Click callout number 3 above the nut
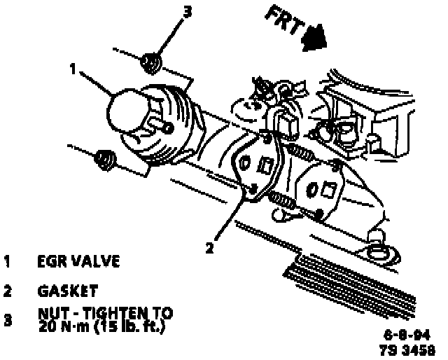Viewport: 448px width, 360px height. coord(185,12)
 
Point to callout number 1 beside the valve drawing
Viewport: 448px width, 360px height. coord(73,69)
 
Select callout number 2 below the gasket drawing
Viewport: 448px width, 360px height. coord(209,247)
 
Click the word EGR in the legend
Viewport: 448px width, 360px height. coord(52,263)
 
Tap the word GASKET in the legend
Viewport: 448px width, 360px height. coord(68,290)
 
